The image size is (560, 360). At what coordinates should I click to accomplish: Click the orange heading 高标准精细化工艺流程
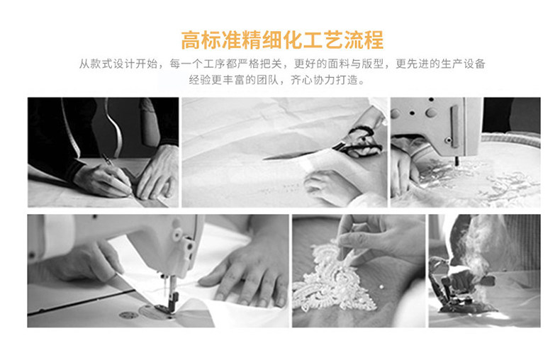tap(282, 40)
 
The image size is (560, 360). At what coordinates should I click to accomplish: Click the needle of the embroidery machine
tap(457, 161)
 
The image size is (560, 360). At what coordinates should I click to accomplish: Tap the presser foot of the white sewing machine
tap(171, 300)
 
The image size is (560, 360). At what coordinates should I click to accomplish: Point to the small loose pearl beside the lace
tap(382, 286)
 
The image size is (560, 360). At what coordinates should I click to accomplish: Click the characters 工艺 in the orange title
tap(313, 40)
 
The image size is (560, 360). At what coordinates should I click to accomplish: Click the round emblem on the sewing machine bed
tap(128, 315)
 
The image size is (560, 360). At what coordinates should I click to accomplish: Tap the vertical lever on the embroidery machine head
tap(454, 126)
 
